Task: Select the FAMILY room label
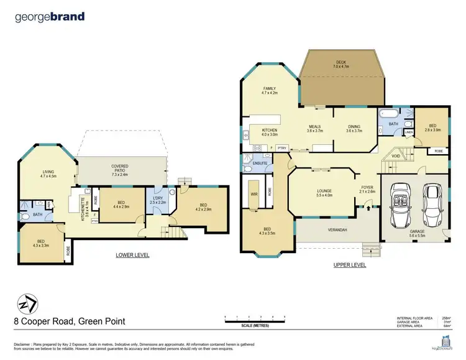click(x=269, y=91)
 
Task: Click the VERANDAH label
click(x=336, y=230)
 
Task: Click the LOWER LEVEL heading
click(x=132, y=256)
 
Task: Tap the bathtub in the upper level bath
click(x=389, y=114)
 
